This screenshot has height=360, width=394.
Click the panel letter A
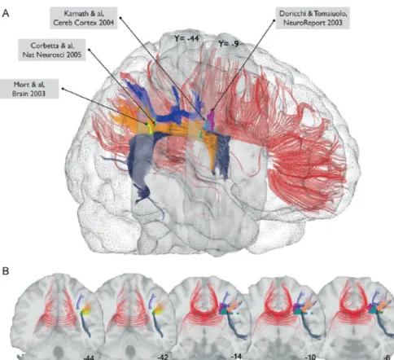point(6,13)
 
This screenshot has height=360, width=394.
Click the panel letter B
point(6,271)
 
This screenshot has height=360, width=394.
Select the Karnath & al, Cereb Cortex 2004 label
point(84,18)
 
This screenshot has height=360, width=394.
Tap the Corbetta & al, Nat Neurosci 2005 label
point(52,50)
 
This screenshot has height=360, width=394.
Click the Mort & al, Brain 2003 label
point(29,89)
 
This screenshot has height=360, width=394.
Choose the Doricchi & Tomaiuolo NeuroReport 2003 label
point(313,18)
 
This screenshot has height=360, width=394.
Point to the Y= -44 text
point(186,38)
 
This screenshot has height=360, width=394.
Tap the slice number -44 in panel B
point(89,358)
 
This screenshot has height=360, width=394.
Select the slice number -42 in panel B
point(163,357)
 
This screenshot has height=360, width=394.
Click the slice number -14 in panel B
point(236,356)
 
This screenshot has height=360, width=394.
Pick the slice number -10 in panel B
point(310,357)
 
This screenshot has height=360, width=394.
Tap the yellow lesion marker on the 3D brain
point(150,128)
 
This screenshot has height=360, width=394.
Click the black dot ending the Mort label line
point(63,89)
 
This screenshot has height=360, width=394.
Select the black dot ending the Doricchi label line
point(274,20)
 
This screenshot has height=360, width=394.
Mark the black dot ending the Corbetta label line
point(90,50)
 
